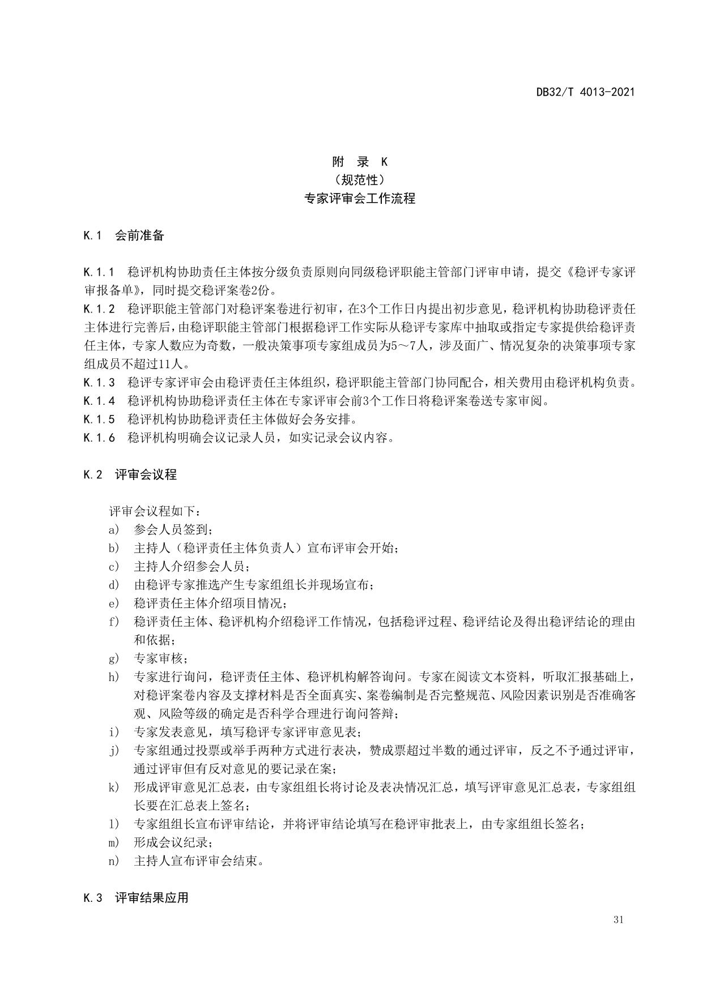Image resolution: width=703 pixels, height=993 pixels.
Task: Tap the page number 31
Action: [x=618, y=919]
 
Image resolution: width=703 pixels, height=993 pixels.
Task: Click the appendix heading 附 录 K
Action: [x=360, y=162]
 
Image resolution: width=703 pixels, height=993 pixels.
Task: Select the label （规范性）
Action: [x=360, y=180]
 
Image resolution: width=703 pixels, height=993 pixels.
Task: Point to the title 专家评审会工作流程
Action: [x=360, y=199]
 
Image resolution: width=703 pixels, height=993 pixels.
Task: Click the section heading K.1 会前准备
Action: [x=123, y=236]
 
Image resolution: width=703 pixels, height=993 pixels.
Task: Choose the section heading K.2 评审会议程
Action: [x=130, y=474]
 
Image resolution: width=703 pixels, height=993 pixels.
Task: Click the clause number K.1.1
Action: [x=99, y=272]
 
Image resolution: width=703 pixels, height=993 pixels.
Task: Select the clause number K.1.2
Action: [x=99, y=309]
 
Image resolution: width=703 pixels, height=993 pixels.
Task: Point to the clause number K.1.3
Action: [x=99, y=383]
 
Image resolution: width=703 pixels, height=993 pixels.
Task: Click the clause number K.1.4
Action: [x=99, y=401]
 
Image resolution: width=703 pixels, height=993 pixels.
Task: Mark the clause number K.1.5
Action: [x=99, y=420]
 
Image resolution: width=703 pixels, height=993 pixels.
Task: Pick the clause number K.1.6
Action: [x=99, y=438]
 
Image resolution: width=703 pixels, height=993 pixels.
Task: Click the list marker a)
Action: [x=114, y=530]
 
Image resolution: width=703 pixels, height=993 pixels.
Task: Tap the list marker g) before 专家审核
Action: [x=114, y=658]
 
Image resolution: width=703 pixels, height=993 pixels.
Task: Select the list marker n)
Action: [x=114, y=861]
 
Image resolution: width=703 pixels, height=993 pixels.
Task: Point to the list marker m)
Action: [x=114, y=842]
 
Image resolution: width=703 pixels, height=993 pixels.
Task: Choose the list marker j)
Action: [x=114, y=751]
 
